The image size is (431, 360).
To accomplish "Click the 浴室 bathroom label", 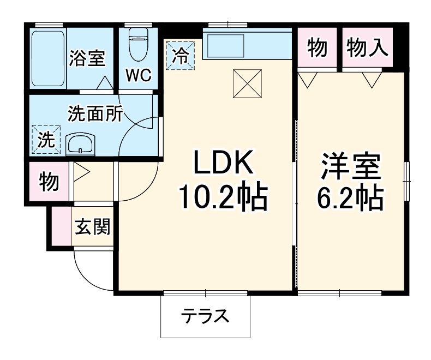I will tap(87, 58).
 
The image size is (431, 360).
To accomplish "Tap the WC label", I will tap(139, 75).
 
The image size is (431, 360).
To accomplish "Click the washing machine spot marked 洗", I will tap(46, 140).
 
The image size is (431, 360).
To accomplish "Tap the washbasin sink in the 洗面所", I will tap(80, 145).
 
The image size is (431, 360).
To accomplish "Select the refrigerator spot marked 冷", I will tap(179, 55).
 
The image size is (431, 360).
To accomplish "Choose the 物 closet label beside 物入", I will tap(318, 49).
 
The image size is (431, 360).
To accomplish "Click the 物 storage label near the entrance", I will tap(49, 182).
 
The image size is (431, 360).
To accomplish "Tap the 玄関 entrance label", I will tap(92, 226).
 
